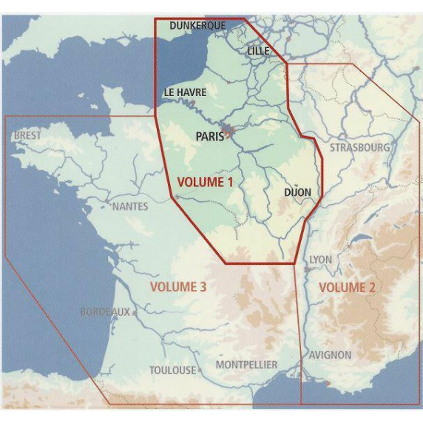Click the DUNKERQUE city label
click(197, 26)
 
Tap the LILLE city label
click(259, 50)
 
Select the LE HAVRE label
click(185, 92)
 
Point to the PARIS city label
click(210, 136)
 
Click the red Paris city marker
click(230, 134)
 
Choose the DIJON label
click(297, 193)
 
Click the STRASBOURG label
click(359, 147)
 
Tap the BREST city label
click(27, 136)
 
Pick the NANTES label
click(129, 206)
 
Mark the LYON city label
click(320, 260)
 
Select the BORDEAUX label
click(105, 312)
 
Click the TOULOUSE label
click(173, 370)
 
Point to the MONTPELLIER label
click(246, 365)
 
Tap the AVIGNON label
click(331, 355)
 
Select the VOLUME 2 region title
click(346, 287)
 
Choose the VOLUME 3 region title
click(177, 287)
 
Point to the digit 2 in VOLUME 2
click(370, 287)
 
